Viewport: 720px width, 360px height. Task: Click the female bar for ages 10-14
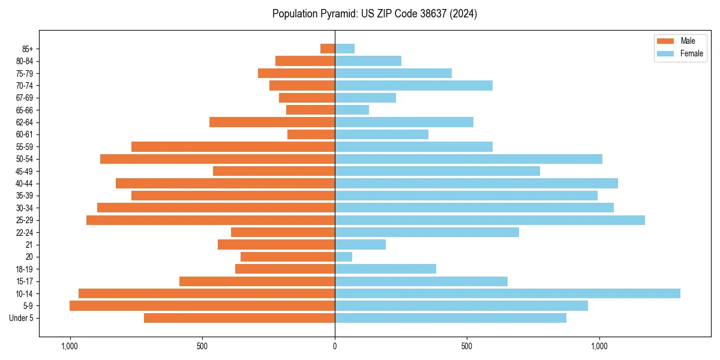pos(507,293)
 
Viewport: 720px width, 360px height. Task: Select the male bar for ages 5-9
pos(202,305)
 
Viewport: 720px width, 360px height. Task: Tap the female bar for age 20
pos(343,257)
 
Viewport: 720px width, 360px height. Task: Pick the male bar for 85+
pos(328,49)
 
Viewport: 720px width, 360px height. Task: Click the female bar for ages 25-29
pos(490,220)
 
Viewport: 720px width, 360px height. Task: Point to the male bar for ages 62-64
pos(272,122)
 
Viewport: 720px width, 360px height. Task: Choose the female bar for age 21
pos(360,244)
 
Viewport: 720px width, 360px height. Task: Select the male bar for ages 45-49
pos(274,171)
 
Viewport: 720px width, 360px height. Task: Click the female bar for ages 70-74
pos(413,86)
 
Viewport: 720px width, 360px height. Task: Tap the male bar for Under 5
pos(239,318)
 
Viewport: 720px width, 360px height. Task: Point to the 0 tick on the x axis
pos(335,346)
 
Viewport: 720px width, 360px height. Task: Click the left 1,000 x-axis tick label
pos(70,346)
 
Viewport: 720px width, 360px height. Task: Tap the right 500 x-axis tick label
pos(467,346)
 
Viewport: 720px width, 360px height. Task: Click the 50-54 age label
pos(25,159)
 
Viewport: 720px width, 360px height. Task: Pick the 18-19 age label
pos(25,269)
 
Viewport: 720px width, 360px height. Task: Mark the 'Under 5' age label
pos(22,318)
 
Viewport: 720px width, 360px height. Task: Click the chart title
pos(374,14)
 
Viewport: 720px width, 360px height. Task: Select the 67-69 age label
pos(25,98)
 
